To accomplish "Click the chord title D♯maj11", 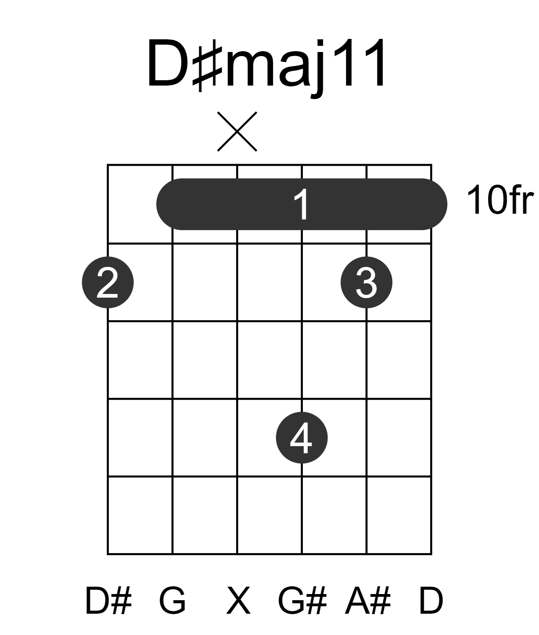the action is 266,65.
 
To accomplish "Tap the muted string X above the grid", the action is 237,131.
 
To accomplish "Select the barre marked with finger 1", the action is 302,204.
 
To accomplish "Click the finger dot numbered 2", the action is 108,282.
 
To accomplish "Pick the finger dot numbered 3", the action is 366,282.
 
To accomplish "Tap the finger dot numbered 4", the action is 302,438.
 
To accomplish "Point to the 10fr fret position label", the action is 500,200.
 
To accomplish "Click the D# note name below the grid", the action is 108,601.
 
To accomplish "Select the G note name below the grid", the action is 172,601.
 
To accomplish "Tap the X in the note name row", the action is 238,601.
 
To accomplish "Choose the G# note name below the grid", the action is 302,601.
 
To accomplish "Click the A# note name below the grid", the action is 368,601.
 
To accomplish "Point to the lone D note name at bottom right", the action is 431,601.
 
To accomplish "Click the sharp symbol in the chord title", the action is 207,65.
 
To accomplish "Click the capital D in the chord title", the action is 168,63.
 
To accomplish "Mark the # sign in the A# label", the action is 381,601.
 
